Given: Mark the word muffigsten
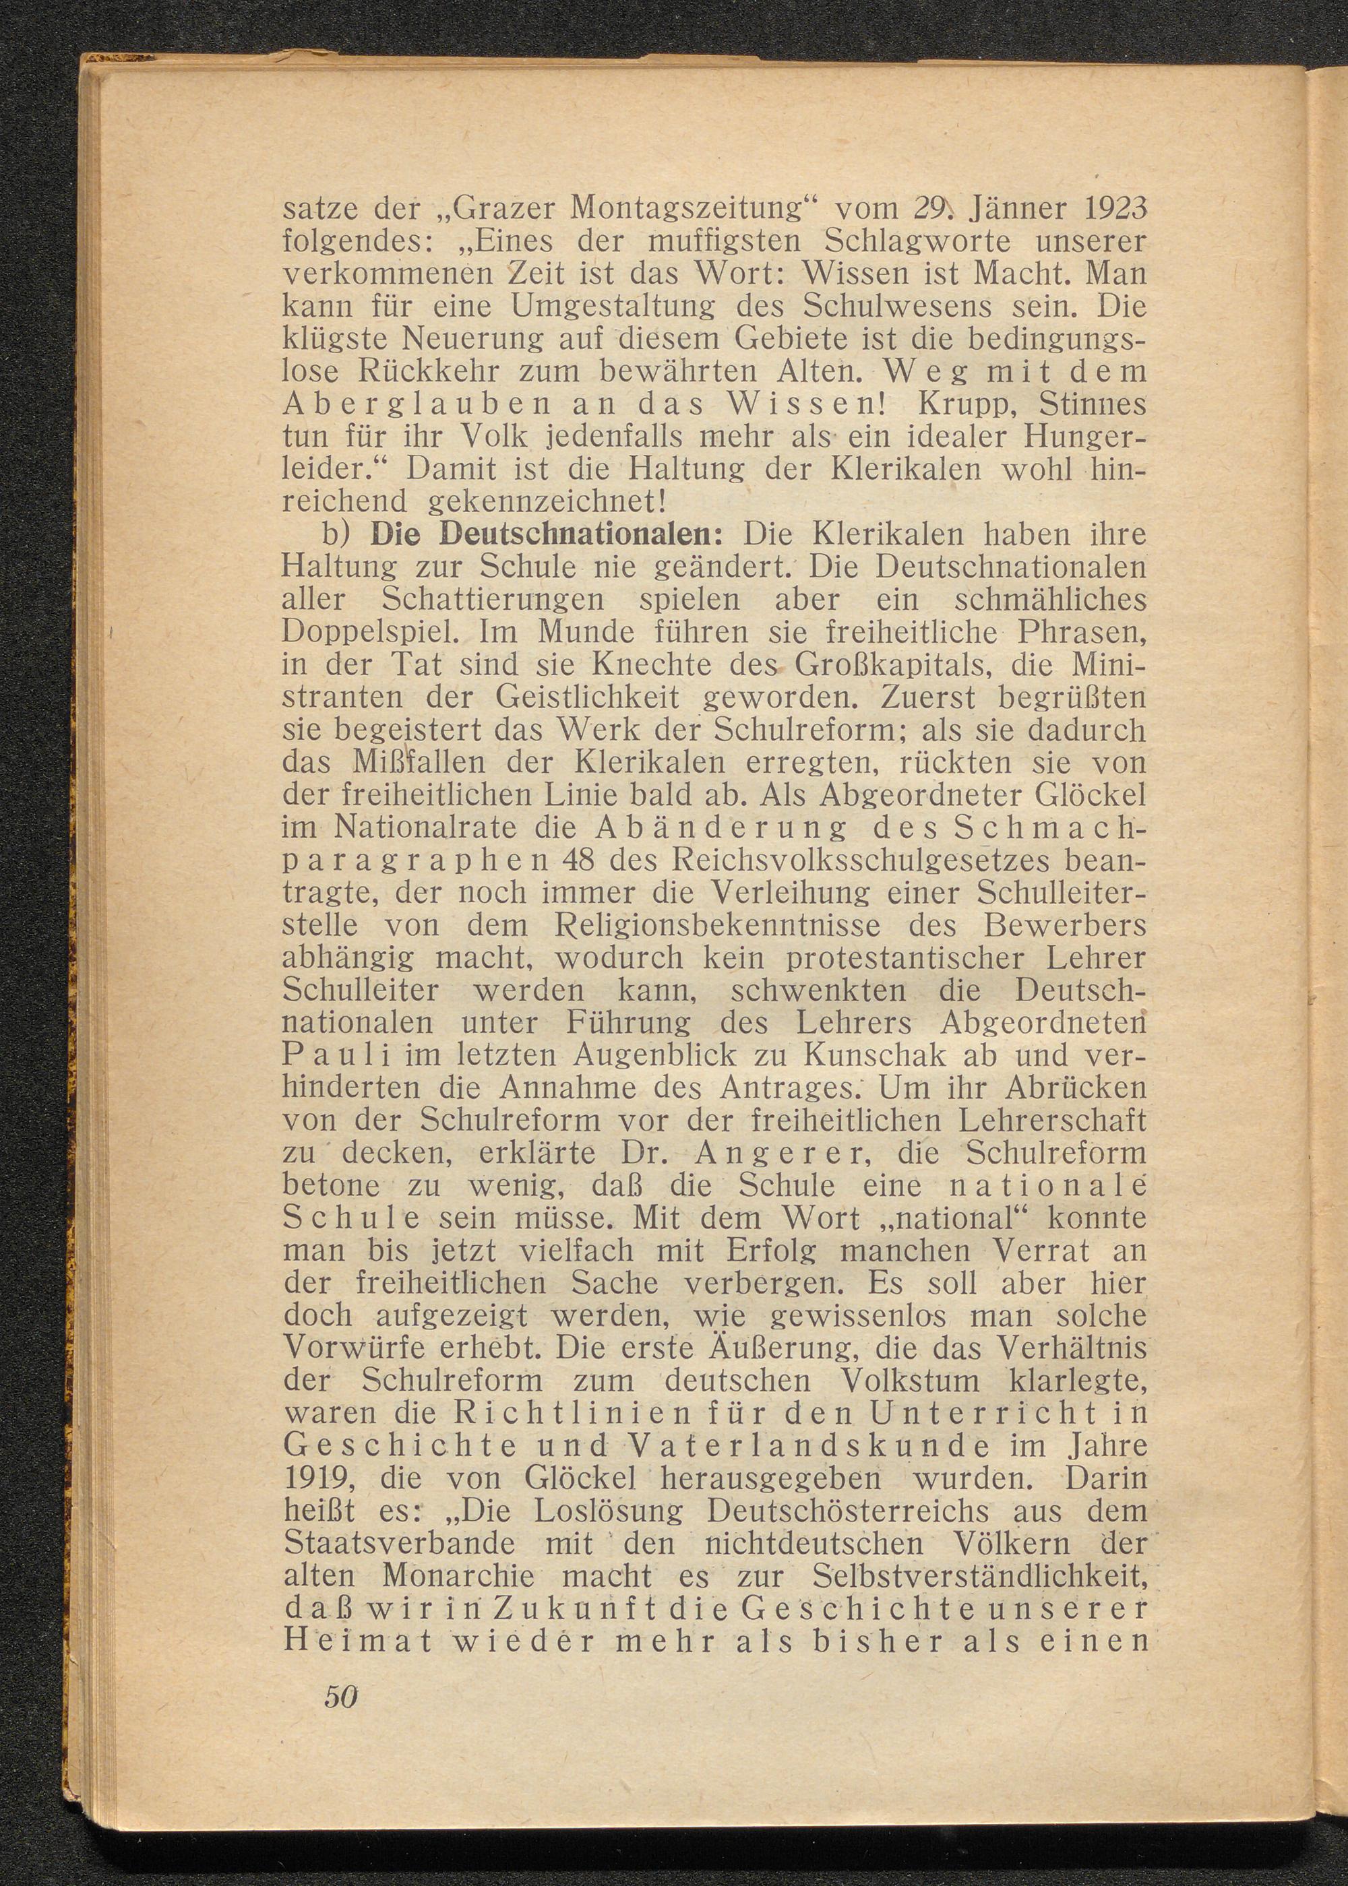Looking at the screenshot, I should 710,243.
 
